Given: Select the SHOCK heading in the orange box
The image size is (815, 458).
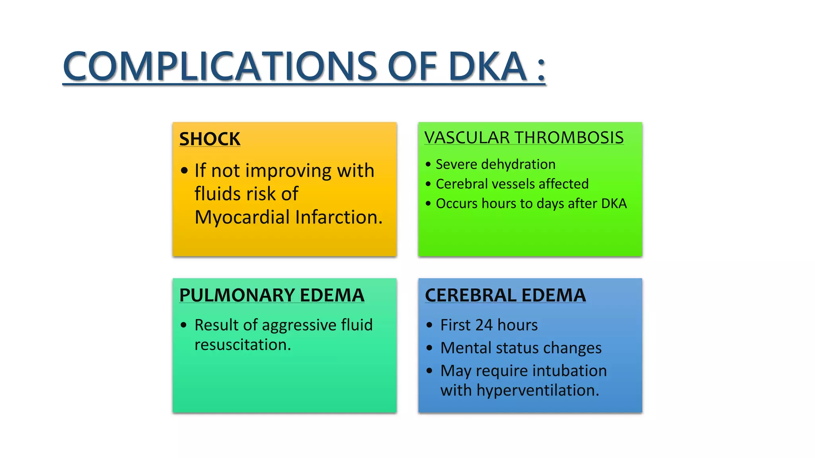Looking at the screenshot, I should pyautogui.click(x=210, y=139).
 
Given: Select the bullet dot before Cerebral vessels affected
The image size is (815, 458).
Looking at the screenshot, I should pyautogui.click(x=428, y=184).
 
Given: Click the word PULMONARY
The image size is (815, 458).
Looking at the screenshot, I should pyautogui.click(x=237, y=295).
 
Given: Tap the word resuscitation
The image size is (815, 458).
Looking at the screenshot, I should pyautogui.click(x=242, y=345).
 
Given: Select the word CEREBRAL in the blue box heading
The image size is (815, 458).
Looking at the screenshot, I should pyautogui.click(x=471, y=295).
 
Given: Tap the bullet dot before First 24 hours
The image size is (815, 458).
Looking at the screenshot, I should pyautogui.click(x=429, y=325).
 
